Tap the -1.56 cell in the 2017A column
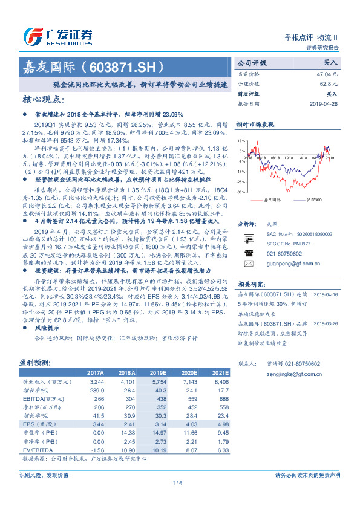(95, 450)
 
